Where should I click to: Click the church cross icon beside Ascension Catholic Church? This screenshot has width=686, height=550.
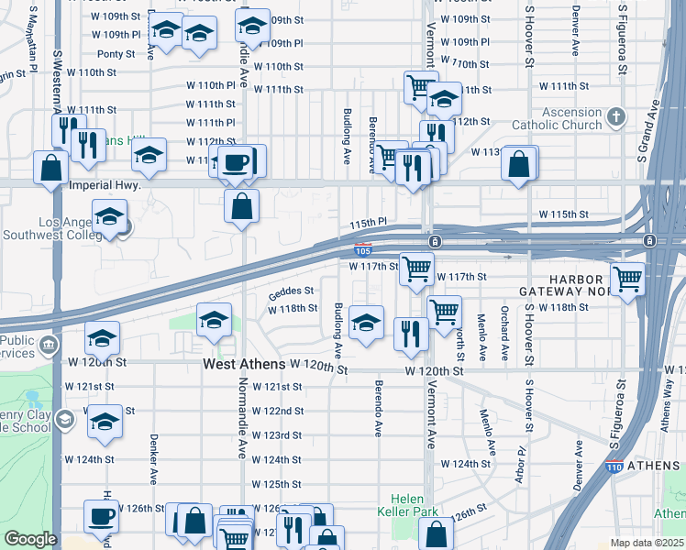[x=615, y=117]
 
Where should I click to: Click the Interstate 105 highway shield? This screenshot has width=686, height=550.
[x=363, y=248]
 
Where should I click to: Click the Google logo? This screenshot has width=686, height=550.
[x=30, y=539]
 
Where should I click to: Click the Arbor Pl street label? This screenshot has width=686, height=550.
[x=520, y=464]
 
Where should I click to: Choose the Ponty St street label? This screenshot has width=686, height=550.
[x=116, y=54]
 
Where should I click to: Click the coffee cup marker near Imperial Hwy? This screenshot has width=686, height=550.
[x=238, y=162]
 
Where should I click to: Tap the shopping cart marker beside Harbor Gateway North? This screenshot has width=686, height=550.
[x=628, y=277]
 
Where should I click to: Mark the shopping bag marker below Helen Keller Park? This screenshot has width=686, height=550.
[x=436, y=533]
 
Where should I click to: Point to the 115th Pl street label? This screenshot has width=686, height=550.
[x=369, y=223]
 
